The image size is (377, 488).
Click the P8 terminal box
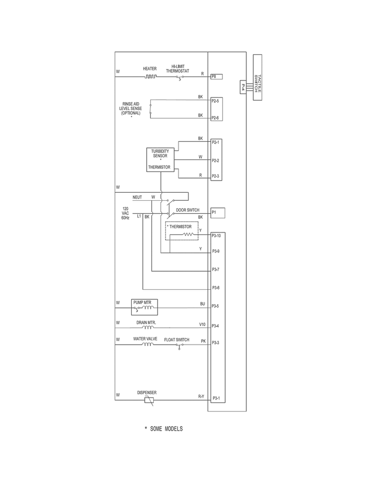[217, 76]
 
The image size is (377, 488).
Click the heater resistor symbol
[150, 76]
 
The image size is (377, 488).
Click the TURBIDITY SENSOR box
[160, 160]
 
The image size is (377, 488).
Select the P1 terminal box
[218, 212]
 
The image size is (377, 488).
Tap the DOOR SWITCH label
[187, 210]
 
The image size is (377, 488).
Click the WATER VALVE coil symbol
[148, 345]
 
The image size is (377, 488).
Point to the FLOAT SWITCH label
[176, 340]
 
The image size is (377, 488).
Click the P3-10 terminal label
[217, 235]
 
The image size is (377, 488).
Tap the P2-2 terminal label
[215, 160]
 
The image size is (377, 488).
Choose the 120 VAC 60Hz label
[126, 213]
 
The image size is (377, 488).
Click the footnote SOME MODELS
[163, 429]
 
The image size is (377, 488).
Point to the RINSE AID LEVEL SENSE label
[131, 108]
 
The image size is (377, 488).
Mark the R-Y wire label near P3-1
[201, 396]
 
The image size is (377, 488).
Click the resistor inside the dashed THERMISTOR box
[188, 234]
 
